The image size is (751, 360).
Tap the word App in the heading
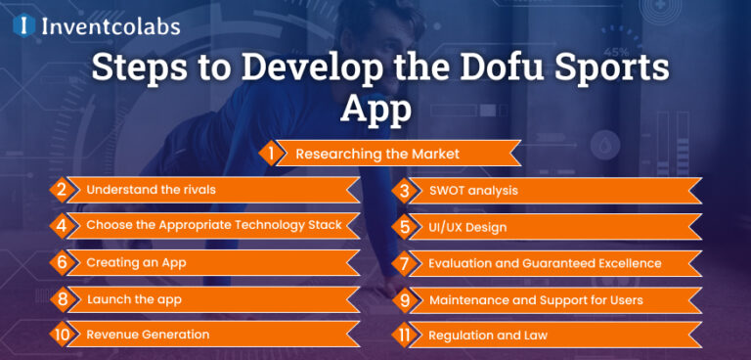point(375,109)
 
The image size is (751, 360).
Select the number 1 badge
point(269,154)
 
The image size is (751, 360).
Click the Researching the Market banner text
point(376,154)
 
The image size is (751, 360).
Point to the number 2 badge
point(61,190)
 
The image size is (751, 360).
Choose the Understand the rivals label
point(151,190)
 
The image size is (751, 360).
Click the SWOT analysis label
point(473,190)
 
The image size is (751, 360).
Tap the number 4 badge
point(61,226)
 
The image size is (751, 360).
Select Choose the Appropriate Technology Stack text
point(213,226)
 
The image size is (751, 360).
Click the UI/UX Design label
point(467,227)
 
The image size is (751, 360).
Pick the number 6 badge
point(61,262)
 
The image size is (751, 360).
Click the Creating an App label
point(136,262)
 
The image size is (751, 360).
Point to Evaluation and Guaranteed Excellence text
point(545,263)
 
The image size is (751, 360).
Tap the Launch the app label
point(134,299)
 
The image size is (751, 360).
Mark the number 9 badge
point(404,299)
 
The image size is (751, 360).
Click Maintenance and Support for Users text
point(536,299)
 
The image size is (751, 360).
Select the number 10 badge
point(63,335)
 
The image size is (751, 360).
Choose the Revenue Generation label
point(148,335)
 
